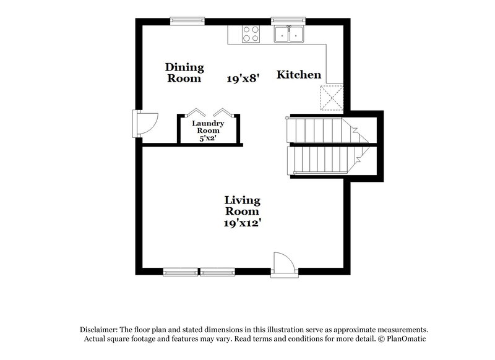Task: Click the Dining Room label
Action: pos(184,73)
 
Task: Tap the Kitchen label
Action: pos(298,75)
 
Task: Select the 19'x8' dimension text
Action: pos(243,79)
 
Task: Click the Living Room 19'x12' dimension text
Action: pos(242,222)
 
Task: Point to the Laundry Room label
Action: pos(208,127)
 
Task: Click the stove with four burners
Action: pos(251,33)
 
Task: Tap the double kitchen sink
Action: pos(290,34)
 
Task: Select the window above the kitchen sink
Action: pos(288,20)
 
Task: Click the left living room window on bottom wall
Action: pos(180,272)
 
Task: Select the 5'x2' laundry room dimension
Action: pos(208,139)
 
